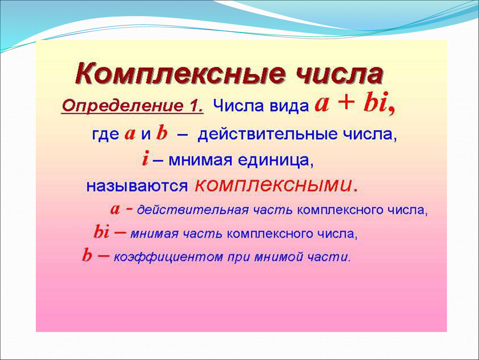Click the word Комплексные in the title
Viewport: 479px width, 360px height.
pos(180,74)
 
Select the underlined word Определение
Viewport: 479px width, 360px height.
pos(122,107)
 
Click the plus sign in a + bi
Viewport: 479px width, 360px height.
pos(346,103)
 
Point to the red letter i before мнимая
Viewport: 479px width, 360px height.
pos(145,159)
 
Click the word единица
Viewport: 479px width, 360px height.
pos(275,160)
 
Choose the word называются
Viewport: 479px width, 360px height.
pos(137,186)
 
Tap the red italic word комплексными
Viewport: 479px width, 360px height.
pos(273,185)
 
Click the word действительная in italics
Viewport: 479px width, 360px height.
pos(193,210)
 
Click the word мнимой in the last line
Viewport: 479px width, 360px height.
pos(278,257)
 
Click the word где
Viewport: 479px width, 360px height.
pos(105,135)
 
